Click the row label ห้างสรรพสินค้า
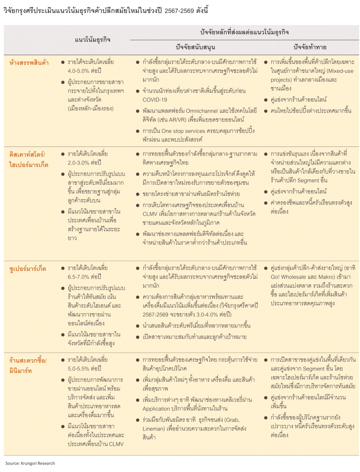[29, 63]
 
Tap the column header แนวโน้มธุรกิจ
[93, 40]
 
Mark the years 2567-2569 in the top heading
[181, 11]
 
